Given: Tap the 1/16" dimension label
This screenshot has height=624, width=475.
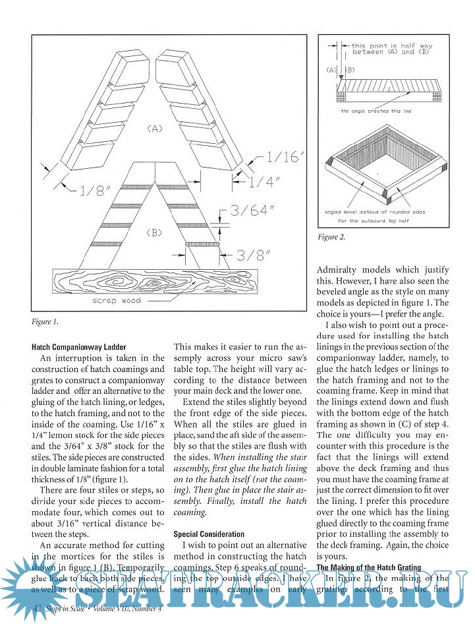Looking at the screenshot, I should tap(285, 158).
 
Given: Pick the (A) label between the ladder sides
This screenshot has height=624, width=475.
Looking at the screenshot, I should tap(154, 130).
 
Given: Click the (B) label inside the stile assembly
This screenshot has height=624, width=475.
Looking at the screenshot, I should tap(154, 233).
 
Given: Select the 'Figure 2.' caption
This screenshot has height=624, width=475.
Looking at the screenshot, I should tap(331, 236).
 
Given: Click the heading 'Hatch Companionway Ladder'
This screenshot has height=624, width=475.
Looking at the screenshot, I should tap(79, 347).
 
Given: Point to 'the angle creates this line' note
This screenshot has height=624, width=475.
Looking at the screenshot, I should tap(376, 111).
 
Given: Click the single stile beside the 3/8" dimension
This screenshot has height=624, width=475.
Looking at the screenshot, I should tap(201, 244).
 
